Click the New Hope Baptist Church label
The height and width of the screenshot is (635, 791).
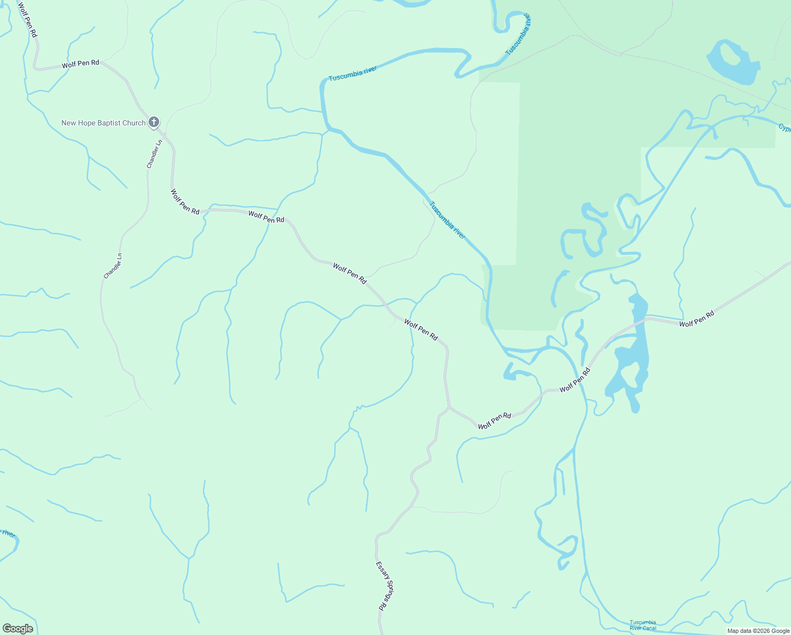point(103,123)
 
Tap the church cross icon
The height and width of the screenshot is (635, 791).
point(153,122)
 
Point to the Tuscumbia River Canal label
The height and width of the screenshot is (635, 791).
point(642,625)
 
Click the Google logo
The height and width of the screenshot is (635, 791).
point(17,629)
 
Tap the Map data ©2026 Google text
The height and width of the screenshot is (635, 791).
point(758,631)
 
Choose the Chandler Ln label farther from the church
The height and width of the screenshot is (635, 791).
point(113,266)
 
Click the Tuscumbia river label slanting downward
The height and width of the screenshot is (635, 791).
point(447,220)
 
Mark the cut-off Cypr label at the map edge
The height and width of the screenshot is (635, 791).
point(784,129)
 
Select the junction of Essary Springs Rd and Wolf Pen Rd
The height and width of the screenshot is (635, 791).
point(449,407)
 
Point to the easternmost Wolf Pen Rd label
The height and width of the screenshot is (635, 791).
point(696,319)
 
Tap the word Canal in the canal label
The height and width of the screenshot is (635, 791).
point(649,628)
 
